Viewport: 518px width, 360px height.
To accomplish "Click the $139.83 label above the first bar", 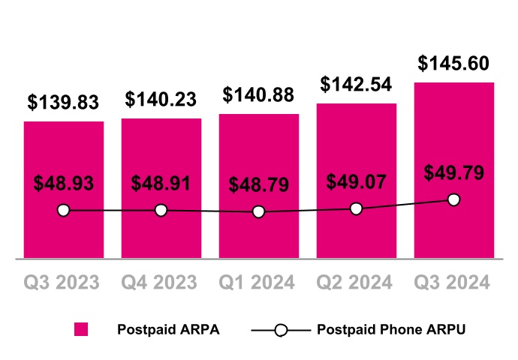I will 64,102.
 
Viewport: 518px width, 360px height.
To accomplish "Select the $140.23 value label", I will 161,99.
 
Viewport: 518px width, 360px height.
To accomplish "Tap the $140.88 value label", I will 259,95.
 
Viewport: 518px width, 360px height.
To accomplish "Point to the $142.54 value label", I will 357,84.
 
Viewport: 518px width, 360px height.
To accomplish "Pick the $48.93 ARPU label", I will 64,183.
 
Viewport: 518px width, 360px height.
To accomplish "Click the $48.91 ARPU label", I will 161,183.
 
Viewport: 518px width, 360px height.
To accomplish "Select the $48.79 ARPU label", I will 259,184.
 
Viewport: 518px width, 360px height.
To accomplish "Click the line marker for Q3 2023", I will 64,211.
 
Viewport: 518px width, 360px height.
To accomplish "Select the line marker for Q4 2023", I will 161,211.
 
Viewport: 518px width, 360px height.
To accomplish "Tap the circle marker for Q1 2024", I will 259,212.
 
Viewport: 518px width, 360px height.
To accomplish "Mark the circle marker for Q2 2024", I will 357,208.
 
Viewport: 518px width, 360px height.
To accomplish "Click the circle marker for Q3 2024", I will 453,199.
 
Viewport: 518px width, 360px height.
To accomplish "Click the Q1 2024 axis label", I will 257,283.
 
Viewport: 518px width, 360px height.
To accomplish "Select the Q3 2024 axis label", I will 453,283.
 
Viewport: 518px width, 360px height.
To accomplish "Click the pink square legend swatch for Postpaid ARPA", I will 80,330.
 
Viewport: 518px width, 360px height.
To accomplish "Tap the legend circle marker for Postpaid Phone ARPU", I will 280,330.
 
